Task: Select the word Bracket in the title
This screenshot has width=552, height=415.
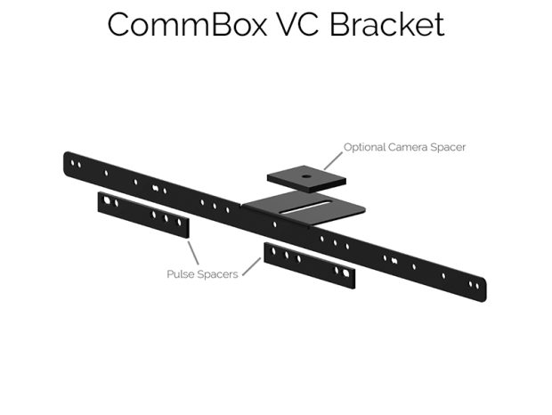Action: click(x=389, y=24)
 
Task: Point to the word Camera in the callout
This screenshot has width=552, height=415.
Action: click(x=413, y=146)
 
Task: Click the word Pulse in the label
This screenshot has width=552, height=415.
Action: click(x=182, y=274)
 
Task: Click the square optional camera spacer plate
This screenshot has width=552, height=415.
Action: click(x=305, y=179)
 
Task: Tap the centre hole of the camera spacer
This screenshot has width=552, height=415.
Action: click(x=306, y=176)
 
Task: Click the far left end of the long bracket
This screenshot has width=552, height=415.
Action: click(x=69, y=160)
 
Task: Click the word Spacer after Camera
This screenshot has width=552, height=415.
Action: click(x=451, y=146)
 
